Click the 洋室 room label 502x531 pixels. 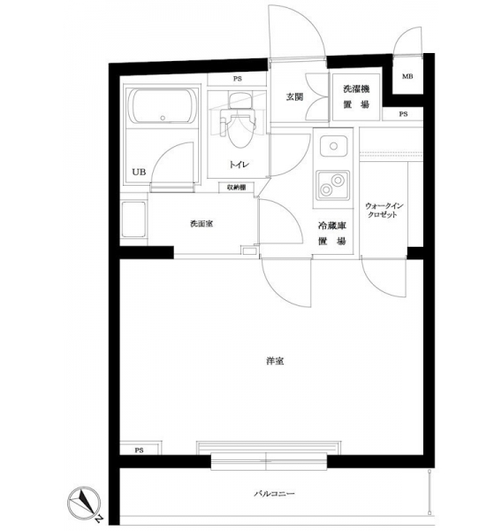275,361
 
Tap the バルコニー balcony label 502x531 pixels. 274,494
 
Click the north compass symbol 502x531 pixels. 84,504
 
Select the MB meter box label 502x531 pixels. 407,76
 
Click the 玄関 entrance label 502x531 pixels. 294,96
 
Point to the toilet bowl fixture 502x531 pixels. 239,127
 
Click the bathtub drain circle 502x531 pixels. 163,118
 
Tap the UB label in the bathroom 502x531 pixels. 139,172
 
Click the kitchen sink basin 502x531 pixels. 333,146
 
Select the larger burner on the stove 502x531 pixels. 338,180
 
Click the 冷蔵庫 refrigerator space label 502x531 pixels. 331,225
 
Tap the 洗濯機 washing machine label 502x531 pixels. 356,89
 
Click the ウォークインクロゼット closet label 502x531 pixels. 384,210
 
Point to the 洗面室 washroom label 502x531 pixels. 202,224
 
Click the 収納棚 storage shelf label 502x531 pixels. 236,188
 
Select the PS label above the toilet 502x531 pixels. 238,79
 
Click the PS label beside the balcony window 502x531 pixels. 139,450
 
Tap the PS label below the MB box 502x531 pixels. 403,114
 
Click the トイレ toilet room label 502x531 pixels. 239,165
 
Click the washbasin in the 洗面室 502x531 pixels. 133,219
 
